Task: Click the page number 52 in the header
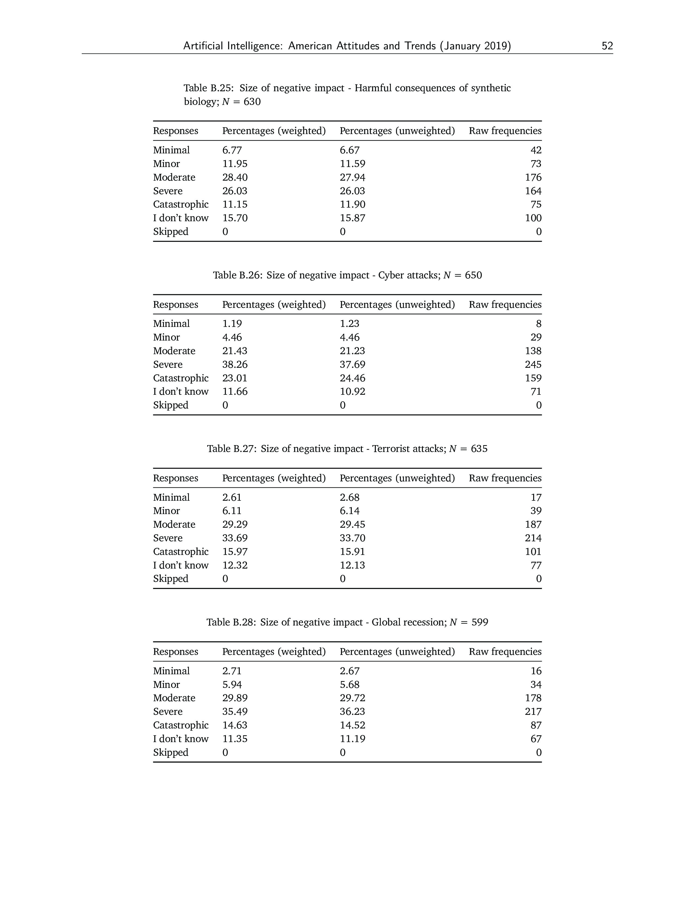[607, 46]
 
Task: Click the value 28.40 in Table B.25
[235, 177]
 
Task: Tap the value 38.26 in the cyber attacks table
[235, 364]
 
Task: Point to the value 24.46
[352, 378]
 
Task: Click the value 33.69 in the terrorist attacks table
[235, 538]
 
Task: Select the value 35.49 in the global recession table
[235, 711]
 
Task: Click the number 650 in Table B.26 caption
[473, 275]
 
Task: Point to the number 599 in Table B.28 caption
[480, 622]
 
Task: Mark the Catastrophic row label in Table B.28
[181, 725]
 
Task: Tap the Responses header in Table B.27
[176, 478]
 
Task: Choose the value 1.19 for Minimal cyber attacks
[232, 324]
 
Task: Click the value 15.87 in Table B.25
[352, 218]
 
